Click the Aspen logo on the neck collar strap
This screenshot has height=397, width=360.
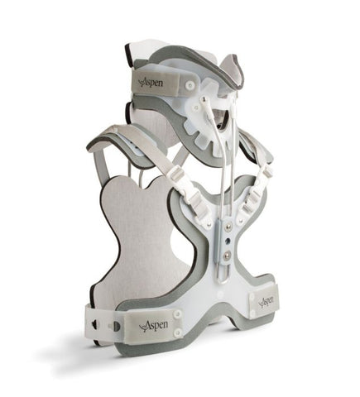pyautogui.click(x=151, y=83)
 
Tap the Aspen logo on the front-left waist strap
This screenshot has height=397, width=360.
pyautogui.click(x=154, y=325)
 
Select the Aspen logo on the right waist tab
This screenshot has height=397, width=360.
pyautogui.click(x=266, y=301)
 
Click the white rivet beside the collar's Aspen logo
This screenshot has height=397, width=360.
pyautogui.click(x=190, y=84)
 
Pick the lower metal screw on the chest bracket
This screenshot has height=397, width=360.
pyautogui.click(x=228, y=254)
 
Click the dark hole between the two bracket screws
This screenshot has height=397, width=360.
pyautogui.click(x=228, y=241)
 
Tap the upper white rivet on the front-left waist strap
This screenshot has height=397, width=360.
pyautogui.click(x=178, y=313)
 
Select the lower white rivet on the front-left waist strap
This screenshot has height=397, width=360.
pyautogui.click(x=177, y=332)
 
